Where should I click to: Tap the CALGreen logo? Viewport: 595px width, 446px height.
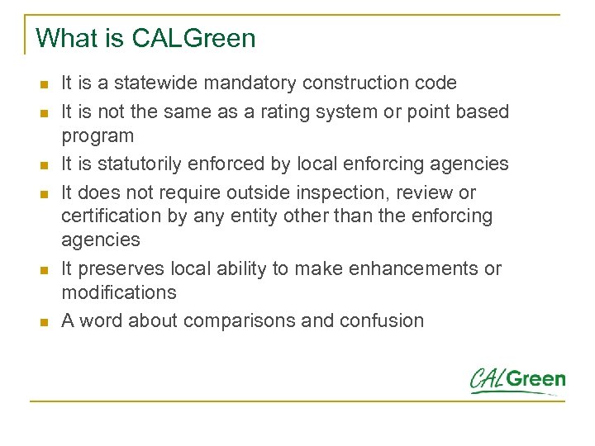[x=517, y=380]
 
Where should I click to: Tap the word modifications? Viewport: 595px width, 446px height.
[x=119, y=292]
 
